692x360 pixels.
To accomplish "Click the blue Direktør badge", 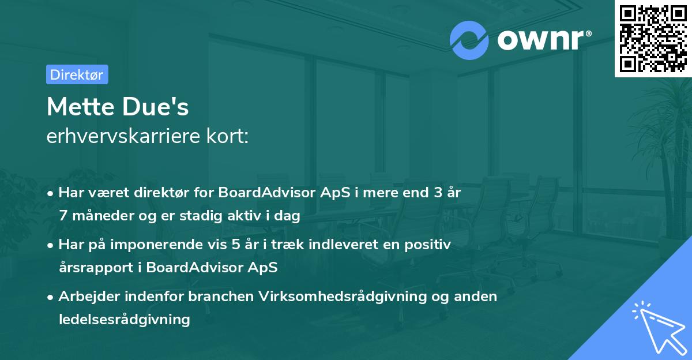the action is click(77, 74).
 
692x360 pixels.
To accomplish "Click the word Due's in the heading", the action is click(155, 107).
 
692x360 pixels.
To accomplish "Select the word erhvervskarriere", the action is click(123, 136).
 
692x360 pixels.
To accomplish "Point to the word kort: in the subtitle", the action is click(227, 136).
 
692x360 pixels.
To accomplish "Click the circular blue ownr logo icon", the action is click(469, 40).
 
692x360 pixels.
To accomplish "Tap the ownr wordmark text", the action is click(544, 40).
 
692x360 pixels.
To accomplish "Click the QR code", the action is click(653, 39).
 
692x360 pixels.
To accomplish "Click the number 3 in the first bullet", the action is click(438, 192).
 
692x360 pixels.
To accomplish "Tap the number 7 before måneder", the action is click(63, 215).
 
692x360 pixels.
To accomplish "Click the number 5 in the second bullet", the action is click(235, 245).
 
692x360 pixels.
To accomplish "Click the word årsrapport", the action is click(96, 268).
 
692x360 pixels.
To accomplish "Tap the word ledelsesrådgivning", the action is click(124, 320).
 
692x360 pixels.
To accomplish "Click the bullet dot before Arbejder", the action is click(50, 298).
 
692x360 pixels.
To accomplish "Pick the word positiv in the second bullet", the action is click(427, 245).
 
